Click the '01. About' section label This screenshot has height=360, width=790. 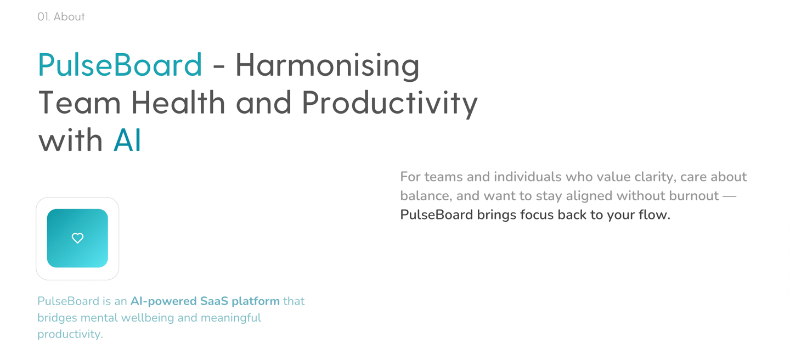click(x=61, y=16)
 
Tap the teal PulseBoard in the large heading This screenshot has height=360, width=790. click(x=120, y=65)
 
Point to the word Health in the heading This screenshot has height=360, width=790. click(x=178, y=103)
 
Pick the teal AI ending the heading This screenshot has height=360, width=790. click(x=127, y=140)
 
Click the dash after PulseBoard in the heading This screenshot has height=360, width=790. click(x=219, y=67)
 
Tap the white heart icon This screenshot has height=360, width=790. click(x=77, y=238)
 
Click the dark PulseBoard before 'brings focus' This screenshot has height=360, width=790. click(x=437, y=215)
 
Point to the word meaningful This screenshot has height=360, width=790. click(x=231, y=318)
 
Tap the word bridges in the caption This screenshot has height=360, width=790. click(x=57, y=318)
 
